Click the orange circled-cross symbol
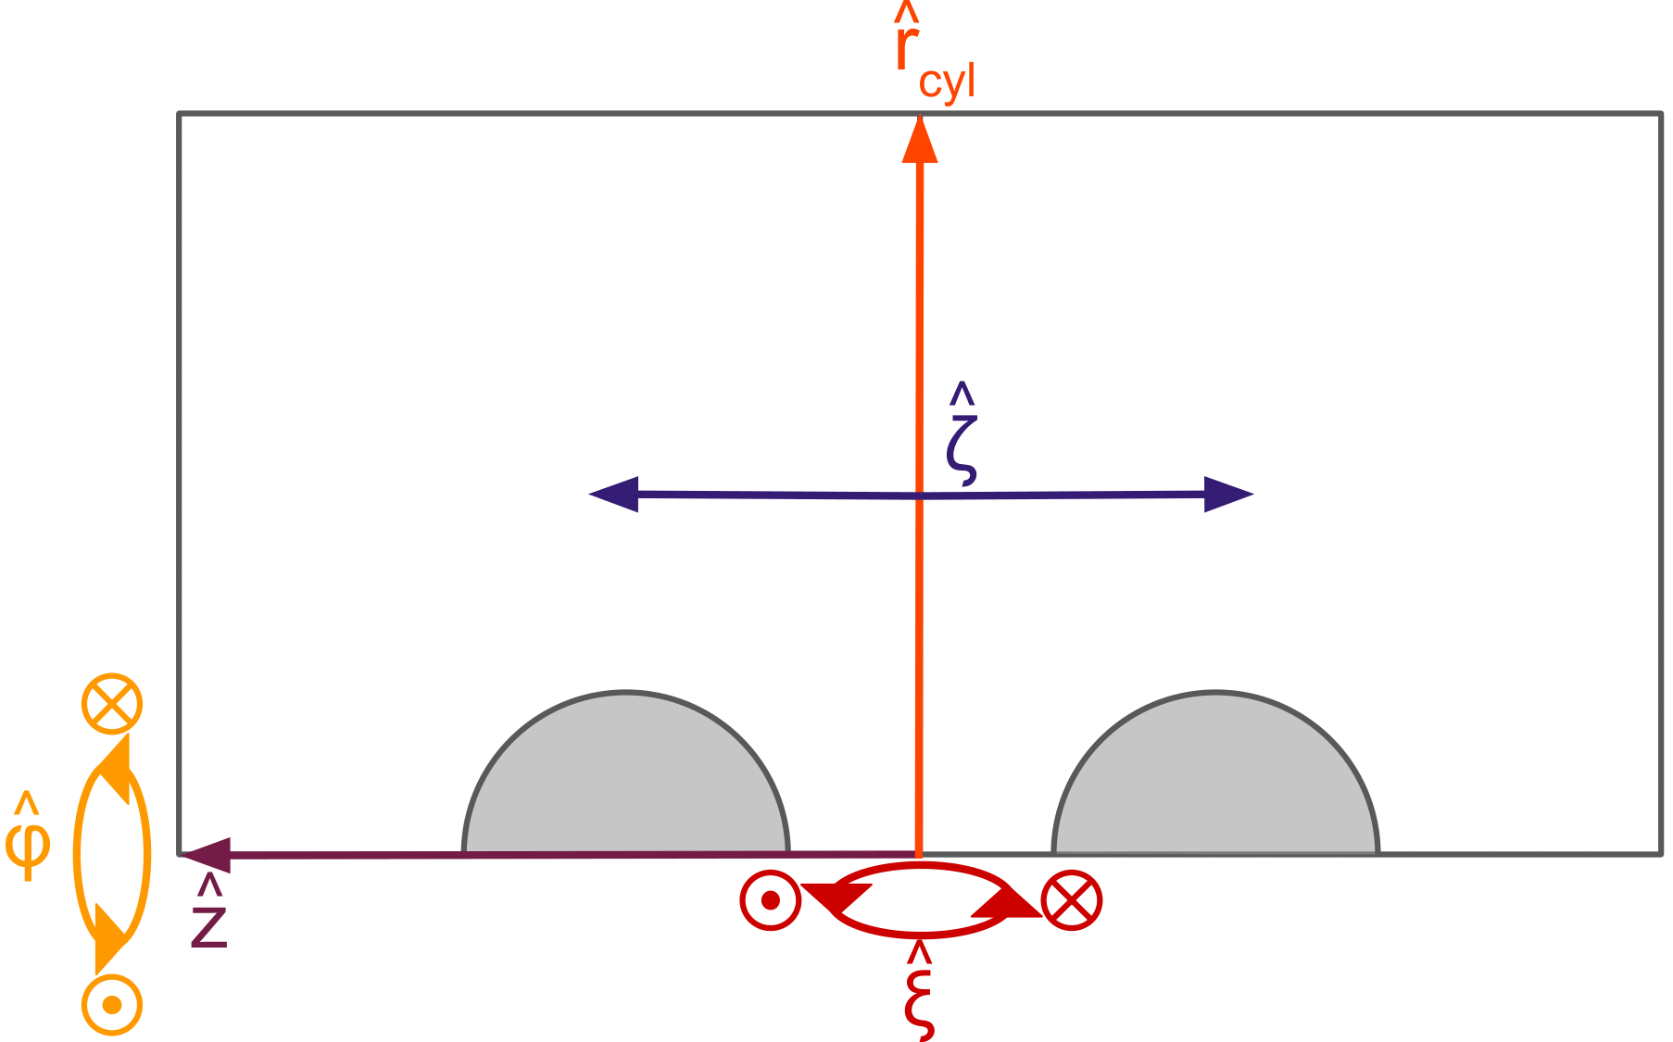click(x=112, y=703)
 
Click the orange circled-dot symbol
click(x=112, y=1004)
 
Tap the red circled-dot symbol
click(x=770, y=899)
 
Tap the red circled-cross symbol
click(x=1072, y=899)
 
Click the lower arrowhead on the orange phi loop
click(x=110, y=937)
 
